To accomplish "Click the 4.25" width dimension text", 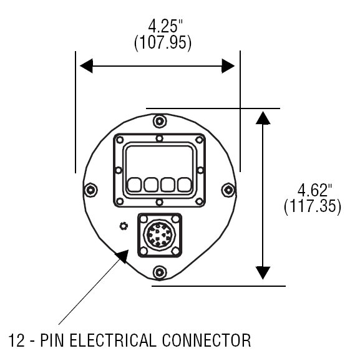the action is click(165, 26).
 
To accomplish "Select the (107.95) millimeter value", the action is click(163, 43).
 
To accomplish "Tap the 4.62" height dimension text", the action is click(314, 190).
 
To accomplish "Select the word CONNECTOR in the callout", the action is click(207, 340).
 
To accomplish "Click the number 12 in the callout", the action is click(17, 340).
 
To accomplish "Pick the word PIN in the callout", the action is click(52, 340).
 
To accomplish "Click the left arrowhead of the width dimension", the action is click(86, 66).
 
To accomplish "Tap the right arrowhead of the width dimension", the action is click(228, 66).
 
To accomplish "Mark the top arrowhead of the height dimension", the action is click(263, 118).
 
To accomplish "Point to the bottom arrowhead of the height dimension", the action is click(263, 273).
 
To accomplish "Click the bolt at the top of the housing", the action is click(159, 121).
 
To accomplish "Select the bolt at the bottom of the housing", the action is click(159, 272).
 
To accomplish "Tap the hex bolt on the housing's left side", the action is click(91, 190).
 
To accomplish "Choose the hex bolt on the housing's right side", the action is click(228, 190).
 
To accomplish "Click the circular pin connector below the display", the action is click(159, 235).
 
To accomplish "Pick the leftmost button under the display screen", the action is click(134, 185).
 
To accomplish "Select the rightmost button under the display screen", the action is click(185, 185).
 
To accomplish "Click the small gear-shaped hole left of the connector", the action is click(124, 226).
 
